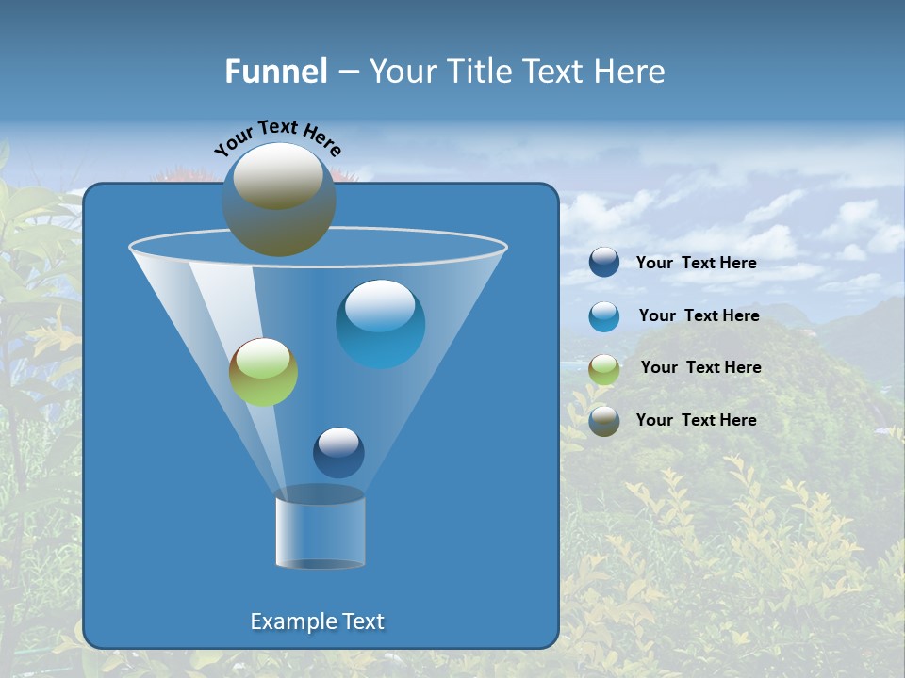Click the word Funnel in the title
[x=276, y=72]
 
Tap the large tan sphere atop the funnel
[x=279, y=200]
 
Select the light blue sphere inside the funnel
[x=380, y=324]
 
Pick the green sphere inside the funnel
[x=263, y=372]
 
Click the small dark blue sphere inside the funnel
[x=338, y=452]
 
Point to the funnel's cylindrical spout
[x=320, y=529]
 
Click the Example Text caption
[x=317, y=621]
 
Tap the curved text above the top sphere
[x=278, y=137]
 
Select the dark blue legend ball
[x=604, y=263]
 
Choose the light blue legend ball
[x=604, y=316]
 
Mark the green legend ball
[x=604, y=369]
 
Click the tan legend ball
[x=604, y=421]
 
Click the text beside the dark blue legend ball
[x=696, y=264]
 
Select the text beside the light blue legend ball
[x=699, y=316]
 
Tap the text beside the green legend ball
[x=700, y=368]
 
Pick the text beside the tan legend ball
[x=696, y=420]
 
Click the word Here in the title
[x=634, y=72]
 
